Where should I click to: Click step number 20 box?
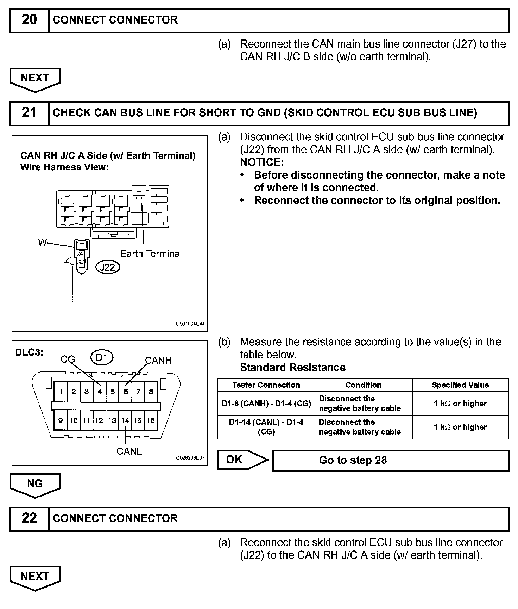29,20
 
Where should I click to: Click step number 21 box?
29,113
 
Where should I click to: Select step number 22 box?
29,518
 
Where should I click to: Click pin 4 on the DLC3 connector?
100,392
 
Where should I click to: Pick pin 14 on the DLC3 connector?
125,420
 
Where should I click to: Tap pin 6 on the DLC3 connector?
126,392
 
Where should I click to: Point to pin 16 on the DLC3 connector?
151,420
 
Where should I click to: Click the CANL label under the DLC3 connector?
129,451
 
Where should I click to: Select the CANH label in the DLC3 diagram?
158,360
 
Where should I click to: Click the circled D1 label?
101,358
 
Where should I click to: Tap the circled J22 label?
107,267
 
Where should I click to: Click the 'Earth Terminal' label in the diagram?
151,253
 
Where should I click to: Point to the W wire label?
42,242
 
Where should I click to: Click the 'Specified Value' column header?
460,385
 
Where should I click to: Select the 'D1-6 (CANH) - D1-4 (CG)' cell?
266,404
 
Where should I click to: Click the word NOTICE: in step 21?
262,162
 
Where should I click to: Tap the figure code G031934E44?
190,324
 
